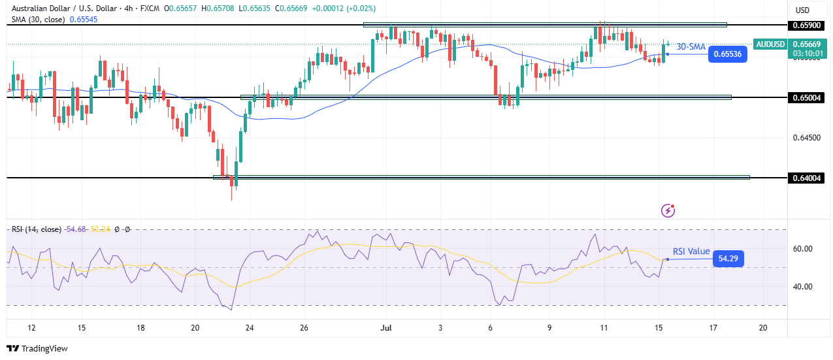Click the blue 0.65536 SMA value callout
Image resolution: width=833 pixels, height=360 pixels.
pos(727,54)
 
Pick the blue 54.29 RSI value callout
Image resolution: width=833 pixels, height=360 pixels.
pos(728,259)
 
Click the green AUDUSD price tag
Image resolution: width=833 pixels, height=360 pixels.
pos(770,44)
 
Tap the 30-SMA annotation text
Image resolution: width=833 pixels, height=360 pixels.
pos(691,47)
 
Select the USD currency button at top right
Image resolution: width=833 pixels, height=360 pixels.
pos(802,10)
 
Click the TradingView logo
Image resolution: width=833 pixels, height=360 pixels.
pos(37,349)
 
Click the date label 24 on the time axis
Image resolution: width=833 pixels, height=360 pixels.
pos(250,327)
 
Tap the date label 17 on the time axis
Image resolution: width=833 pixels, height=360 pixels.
pos(713,327)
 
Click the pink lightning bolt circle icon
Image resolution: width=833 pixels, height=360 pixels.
pos(668,210)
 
